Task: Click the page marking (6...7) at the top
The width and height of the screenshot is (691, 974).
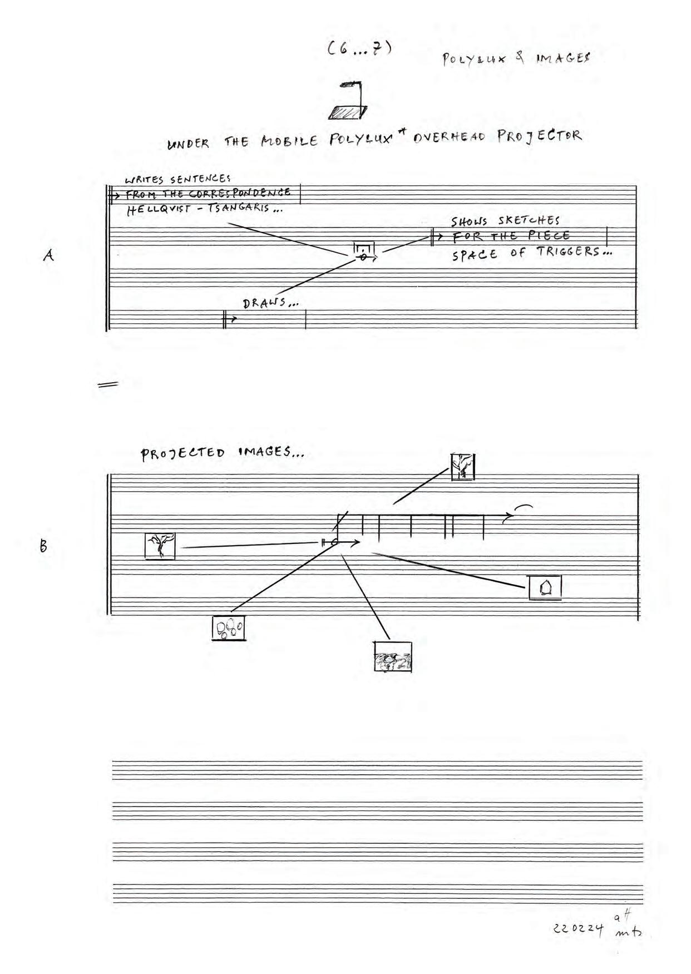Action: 360,48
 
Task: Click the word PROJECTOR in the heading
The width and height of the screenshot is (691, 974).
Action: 540,136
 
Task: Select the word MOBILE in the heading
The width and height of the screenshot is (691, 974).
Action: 289,141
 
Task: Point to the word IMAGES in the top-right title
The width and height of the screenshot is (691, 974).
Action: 563,58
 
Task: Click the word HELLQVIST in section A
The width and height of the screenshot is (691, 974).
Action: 159,210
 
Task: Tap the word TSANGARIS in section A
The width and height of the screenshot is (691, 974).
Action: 239,208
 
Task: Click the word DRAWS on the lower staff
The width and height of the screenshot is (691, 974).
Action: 264,303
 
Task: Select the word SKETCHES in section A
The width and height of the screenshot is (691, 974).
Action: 529,220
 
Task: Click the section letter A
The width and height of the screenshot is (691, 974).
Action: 49,255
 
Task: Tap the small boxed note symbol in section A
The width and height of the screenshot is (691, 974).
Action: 364,251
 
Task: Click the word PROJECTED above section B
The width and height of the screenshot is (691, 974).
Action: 182,453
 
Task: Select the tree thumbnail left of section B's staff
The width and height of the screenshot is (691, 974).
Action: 160,546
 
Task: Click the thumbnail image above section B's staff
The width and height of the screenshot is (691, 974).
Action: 462,467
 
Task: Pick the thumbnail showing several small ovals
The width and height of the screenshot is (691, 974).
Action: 229,628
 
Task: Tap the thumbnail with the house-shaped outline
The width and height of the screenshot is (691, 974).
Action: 545,587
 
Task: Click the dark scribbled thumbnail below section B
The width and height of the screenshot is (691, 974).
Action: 393,657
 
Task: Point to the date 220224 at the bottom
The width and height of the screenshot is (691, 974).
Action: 578,928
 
